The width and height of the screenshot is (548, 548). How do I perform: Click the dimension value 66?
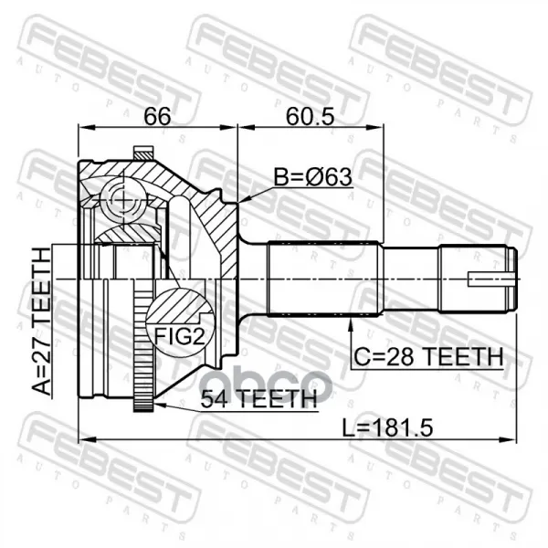[x=157, y=116]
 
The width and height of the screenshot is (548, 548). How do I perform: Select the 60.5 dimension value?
[x=311, y=116]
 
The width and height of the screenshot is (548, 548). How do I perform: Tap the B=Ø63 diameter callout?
[x=312, y=177]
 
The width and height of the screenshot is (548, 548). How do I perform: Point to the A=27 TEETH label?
[x=42, y=321]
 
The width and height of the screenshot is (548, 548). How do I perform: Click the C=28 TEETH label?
[x=428, y=356]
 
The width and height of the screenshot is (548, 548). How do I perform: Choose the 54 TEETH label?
[x=258, y=398]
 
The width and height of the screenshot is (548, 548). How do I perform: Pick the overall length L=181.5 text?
[x=387, y=428]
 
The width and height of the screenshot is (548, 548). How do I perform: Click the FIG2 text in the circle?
[x=179, y=336]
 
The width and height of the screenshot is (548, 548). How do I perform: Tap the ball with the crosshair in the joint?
[x=123, y=200]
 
